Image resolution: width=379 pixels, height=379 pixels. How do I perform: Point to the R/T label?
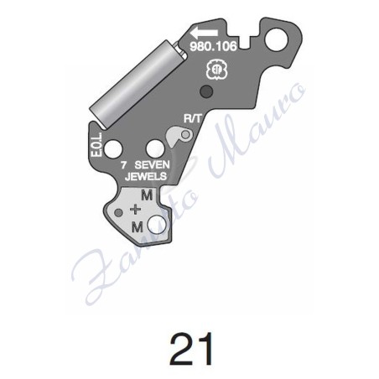point(193,119)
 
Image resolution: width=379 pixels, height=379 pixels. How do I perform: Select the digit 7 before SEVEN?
point(123,166)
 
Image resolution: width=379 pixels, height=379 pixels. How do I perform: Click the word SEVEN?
point(152,166)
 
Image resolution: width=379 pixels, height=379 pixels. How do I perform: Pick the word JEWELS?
point(145,178)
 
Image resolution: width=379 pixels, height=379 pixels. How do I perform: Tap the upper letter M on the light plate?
point(147,195)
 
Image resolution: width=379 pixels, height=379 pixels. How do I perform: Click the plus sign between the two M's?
point(137,210)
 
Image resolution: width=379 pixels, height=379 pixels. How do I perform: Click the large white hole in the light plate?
point(162,223)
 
